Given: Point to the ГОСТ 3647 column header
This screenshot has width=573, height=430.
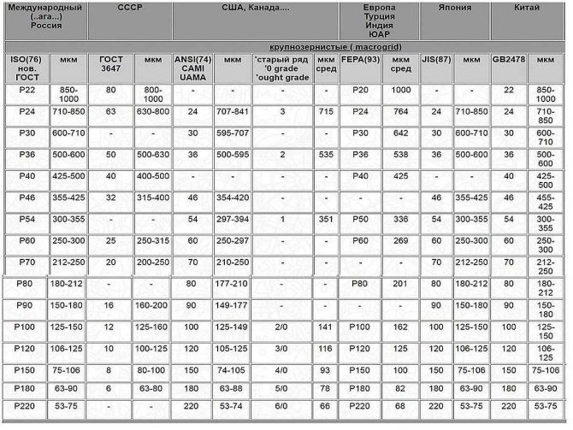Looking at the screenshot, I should coord(111,64).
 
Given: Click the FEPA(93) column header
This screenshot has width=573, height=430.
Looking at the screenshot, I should coord(359,60).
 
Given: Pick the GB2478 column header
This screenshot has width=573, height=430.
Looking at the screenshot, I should coord(509,60).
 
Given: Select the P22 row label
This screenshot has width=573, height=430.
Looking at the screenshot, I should coord(26,90).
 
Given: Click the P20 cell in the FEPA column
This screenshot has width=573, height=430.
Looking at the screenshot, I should coord(359,90).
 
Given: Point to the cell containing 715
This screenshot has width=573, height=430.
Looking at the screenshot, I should coord(325,112).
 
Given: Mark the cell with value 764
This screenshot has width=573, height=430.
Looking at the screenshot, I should coord(400,112).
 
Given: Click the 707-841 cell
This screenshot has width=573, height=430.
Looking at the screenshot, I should coord(232,112).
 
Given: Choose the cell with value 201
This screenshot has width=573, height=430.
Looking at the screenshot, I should coord(400,283).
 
